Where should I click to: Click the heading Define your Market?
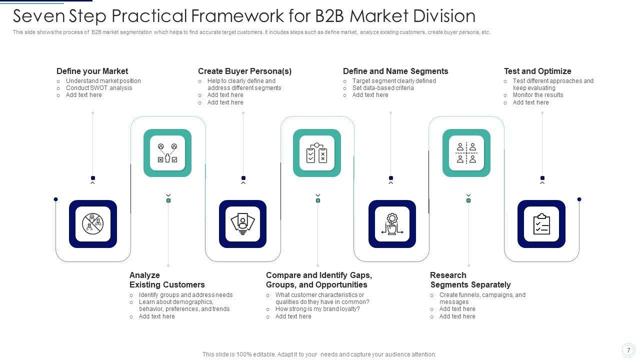tap(92, 71)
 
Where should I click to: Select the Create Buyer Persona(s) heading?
tap(244, 71)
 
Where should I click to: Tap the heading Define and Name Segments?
tap(395, 71)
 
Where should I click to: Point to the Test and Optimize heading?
tap(537, 71)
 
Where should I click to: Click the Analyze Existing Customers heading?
tap(167, 280)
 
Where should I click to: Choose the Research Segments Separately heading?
tap(470, 280)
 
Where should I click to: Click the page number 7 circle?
tap(628, 350)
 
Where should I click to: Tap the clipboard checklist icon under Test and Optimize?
tap(541, 224)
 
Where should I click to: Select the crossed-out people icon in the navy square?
tap(93, 224)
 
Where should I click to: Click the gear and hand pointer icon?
tap(392, 224)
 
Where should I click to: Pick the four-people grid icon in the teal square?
tap(466, 153)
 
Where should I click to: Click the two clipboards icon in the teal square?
tap(316, 153)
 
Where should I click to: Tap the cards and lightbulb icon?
tap(242, 224)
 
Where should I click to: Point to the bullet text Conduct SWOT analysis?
tap(99, 88)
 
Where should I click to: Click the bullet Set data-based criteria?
tap(383, 88)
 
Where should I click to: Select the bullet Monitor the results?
tap(538, 95)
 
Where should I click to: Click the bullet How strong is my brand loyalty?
tap(317, 309)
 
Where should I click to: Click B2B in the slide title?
tap(329, 16)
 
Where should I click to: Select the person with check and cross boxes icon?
tap(167, 153)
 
